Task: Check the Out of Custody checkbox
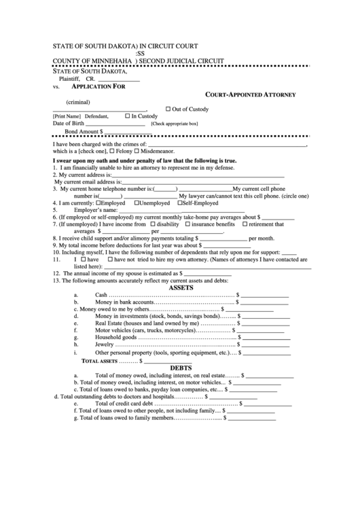click(168, 109)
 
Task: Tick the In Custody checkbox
click(127, 116)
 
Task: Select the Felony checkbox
click(112, 151)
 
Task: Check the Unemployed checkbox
click(137, 203)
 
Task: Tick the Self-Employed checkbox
click(179, 203)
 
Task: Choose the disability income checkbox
click(153, 224)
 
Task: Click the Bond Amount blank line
click(129, 132)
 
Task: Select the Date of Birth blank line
click(116, 124)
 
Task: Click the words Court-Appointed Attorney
click(250, 95)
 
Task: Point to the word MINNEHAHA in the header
click(109, 60)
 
